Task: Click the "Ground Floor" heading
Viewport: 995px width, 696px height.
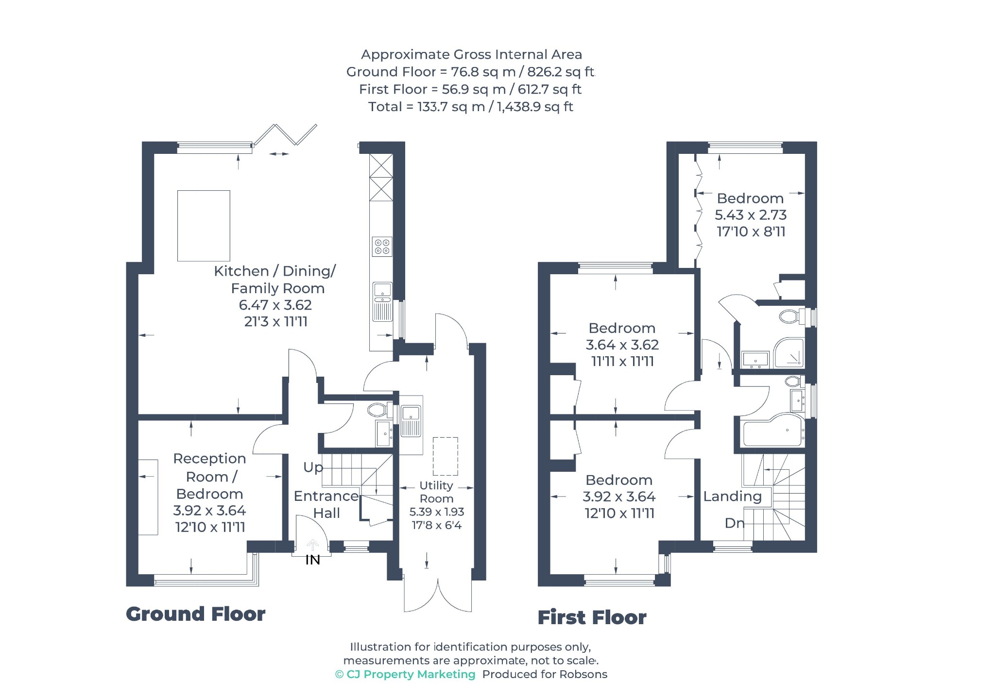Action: click(x=196, y=614)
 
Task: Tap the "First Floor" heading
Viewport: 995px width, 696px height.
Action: click(x=592, y=617)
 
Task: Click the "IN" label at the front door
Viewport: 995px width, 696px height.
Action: click(x=312, y=560)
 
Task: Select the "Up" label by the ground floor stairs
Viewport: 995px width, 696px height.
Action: click(x=313, y=467)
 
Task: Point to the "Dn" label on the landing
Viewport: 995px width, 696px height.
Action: click(x=734, y=523)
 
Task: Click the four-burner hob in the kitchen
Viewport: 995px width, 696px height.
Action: click(x=382, y=247)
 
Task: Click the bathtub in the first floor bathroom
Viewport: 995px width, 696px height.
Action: click(x=772, y=431)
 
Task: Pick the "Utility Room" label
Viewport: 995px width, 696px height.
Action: click(x=436, y=492)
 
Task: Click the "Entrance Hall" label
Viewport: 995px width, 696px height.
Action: click(x=326, y=504)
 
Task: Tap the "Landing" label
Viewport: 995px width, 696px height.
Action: click(x=732, y=497)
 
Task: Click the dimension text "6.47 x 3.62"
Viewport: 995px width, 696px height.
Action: click(x=275, y=305)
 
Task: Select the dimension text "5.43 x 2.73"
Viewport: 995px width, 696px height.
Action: click(x=751, y=215)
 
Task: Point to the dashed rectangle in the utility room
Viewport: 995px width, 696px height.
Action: click(x=446, y=457)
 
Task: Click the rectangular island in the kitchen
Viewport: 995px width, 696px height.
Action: click(x=204, y=226)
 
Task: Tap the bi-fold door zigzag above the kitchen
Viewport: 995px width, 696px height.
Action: click(x=285, y=134)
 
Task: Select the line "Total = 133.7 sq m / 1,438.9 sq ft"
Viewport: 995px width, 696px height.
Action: click(x=471, y=107)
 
